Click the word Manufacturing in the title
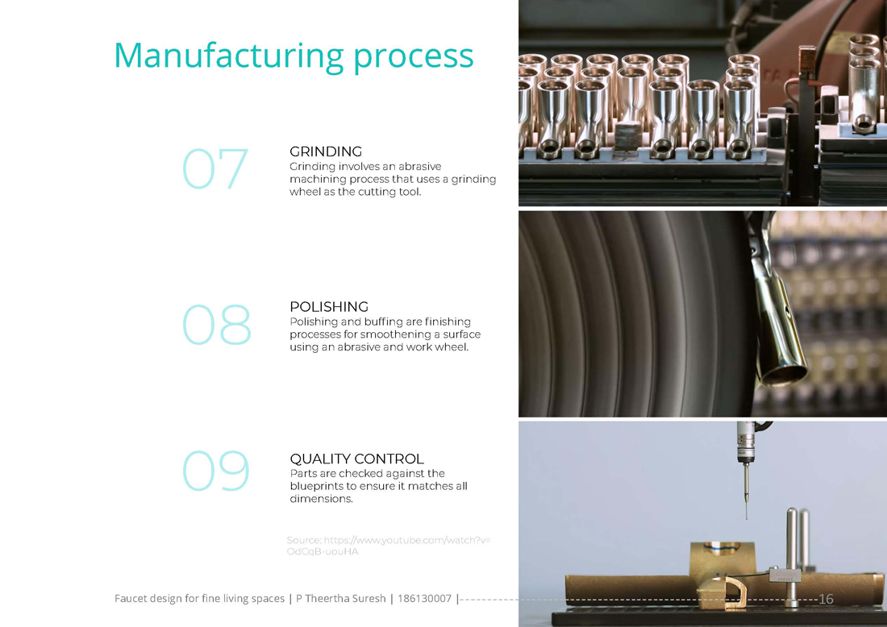[x=229, y=56]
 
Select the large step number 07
[x=215, y=168]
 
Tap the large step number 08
[x=217, y=325]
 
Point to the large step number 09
[x=216, y=471]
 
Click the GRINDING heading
[x=326, y=152]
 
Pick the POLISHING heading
[x=329, y=306]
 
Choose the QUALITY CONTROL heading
[x=357, y=459]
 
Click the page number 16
[x=826, y=599]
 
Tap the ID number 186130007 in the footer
[x=424, y=598]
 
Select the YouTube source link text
[x=389, y=546]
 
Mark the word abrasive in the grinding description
[x=420, y=166]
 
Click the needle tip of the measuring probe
[x=746, y=517]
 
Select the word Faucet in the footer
[x=131, y=598]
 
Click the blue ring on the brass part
[x=721, y=546]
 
